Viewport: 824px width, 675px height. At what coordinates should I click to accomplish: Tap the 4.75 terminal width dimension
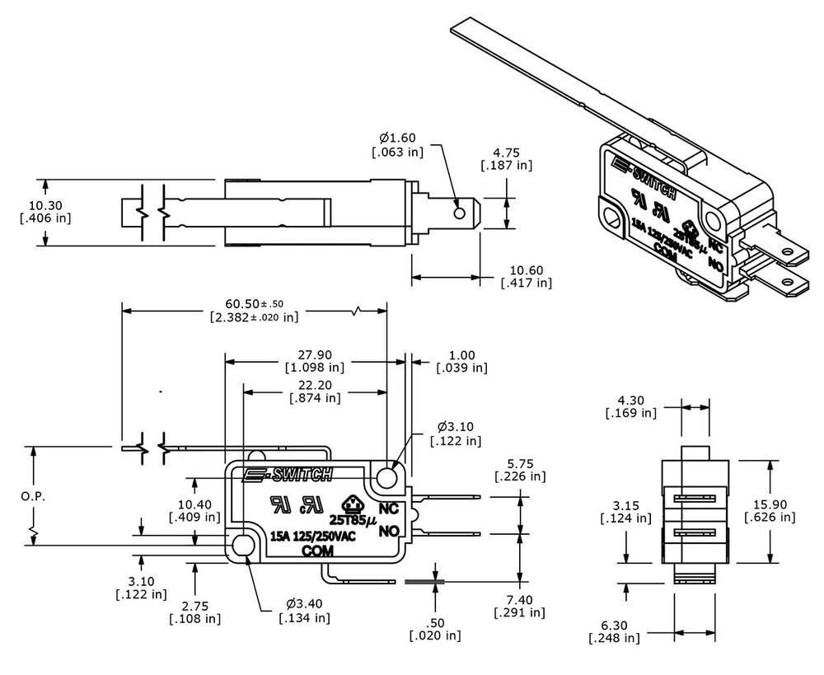[506, 152]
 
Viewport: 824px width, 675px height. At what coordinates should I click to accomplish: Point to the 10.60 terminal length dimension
[527, 270]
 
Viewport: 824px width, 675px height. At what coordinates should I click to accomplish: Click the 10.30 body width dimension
[45, 205]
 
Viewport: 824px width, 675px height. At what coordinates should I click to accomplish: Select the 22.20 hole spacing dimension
[314, 385]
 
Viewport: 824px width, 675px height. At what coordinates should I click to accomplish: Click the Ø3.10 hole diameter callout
[455, 427]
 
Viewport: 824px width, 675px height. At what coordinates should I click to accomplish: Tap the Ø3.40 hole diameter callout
[305, 603]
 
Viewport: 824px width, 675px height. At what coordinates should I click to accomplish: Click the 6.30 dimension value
[613, 625]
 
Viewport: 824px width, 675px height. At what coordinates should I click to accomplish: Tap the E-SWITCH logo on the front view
[288, 474]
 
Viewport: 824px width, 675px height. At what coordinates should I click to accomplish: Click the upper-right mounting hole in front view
[388, 478]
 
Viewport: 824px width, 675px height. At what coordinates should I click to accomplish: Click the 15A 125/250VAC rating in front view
[313, 536]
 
